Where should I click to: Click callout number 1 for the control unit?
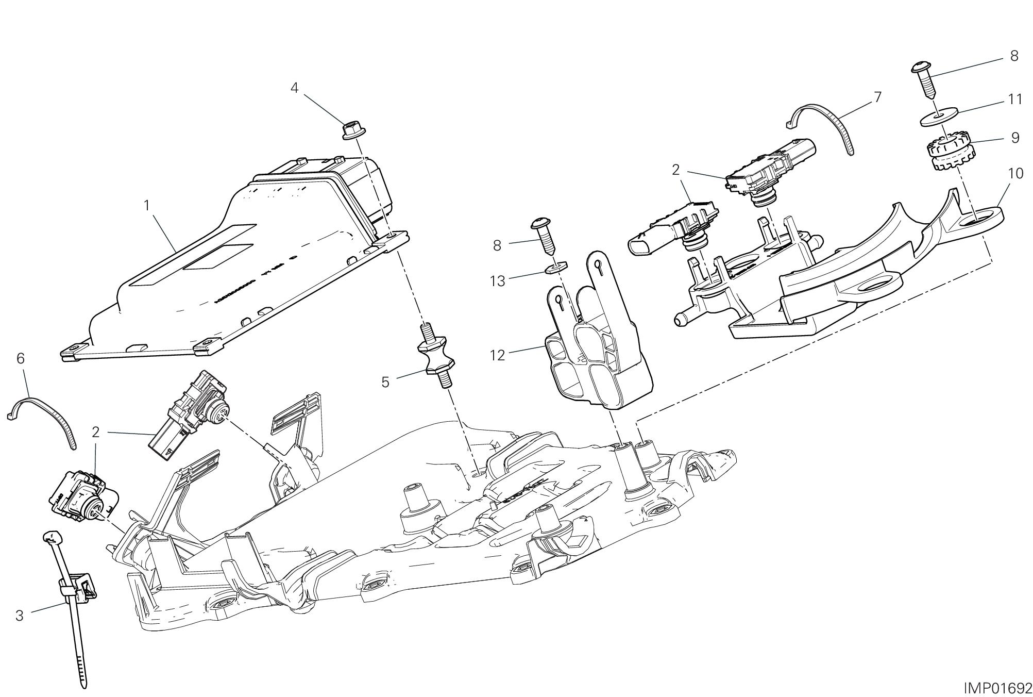tap(147, 206)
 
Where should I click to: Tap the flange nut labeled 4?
tap(352, 130)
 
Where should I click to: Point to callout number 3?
tap(20, 615)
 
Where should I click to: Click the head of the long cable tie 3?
tap(51, 538)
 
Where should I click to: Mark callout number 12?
tap(498, 355)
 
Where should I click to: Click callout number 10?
tap(1015, 174)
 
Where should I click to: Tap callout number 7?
tap(877, 97)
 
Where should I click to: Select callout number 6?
tap(21, 358)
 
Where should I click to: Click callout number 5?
tap(385, 382)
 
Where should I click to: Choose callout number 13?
tap(498, 281)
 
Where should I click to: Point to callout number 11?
tap(1014, 99)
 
